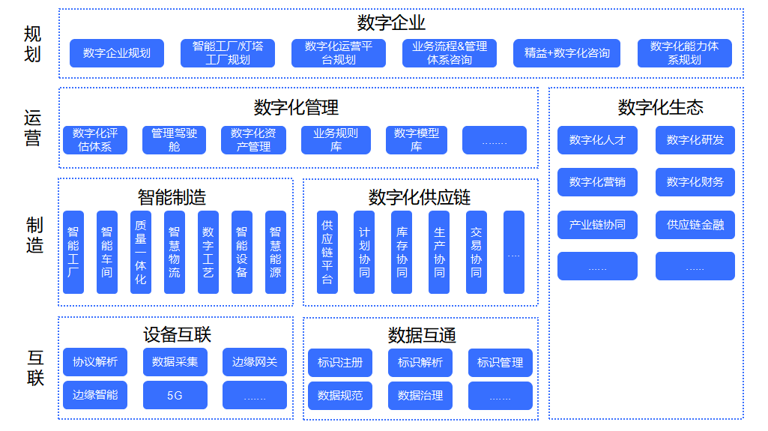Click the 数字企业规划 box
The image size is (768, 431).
point(116,53)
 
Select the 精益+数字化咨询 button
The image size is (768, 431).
point(566,53)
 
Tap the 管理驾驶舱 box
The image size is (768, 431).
point(174,140)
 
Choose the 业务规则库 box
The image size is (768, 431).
point(336,140)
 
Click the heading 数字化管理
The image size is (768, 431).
point(296,108)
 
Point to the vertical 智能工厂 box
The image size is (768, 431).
point(73,252)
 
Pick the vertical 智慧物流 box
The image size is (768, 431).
point(174,252)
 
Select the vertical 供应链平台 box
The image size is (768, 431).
point(327,252)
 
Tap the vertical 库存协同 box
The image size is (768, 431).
point(402,252)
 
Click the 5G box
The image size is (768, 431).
point(175,395)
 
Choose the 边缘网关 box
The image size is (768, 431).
point(255,362)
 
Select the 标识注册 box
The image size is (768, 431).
point(339,363)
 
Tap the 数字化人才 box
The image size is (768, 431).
point(597,140)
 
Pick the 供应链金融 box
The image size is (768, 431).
point(695,224)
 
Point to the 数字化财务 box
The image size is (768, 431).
point(695,182)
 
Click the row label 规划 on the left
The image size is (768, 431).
point(33,44)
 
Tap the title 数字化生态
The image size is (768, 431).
point(660,108)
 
